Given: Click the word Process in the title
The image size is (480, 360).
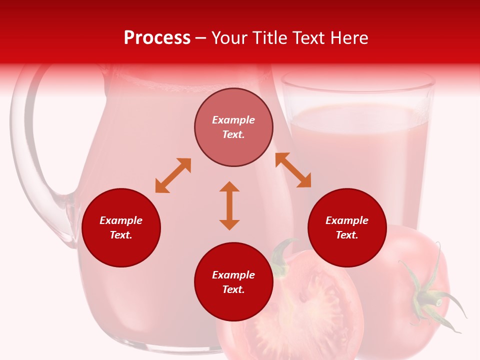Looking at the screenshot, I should (x=157, y=38).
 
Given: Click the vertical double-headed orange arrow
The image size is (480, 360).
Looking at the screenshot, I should (x=229, y=205).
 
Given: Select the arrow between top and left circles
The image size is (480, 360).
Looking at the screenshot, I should (x=173, y=175).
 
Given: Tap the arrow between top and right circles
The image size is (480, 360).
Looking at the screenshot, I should (x=293, y=170).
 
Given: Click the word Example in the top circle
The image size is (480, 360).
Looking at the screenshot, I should (x=233, y=120).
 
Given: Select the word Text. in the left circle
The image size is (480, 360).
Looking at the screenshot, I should (x=121, y=235).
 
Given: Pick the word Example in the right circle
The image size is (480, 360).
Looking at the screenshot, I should (x=347, y=220).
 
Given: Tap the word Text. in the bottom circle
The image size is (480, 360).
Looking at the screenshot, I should (x=233, y=289).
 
